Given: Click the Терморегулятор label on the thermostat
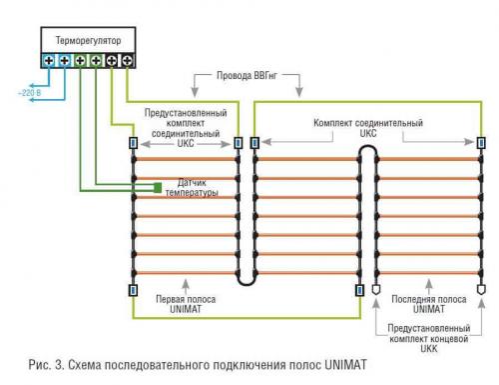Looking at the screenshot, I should [81, 39].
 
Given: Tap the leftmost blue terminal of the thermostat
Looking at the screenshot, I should [48, 61].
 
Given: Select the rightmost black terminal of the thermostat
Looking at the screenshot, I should [127, 61].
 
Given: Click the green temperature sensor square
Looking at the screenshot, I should [157, 186].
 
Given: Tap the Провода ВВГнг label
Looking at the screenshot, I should [253, 76].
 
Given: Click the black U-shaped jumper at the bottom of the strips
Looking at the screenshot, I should [247, 280].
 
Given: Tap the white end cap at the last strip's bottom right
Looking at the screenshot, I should [477, 290].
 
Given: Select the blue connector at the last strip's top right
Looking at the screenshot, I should [477, 142].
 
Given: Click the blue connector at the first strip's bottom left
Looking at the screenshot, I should [132, 290].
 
